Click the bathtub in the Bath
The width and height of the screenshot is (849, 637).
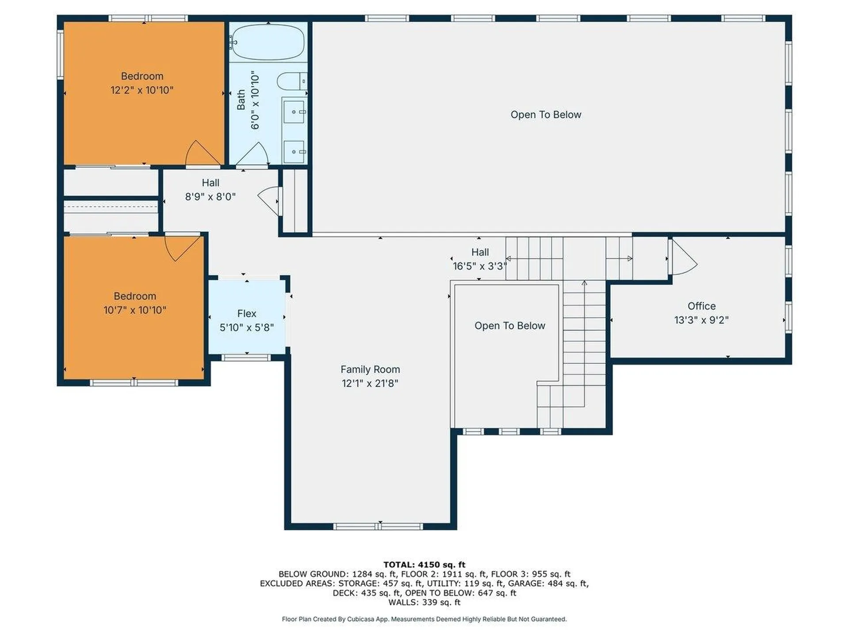[x=268, y=42]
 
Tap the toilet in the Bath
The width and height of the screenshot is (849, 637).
[x=291, y=81]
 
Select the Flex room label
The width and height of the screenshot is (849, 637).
[x=246, y=313]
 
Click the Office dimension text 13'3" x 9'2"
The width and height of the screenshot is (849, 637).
[x=701, y=320]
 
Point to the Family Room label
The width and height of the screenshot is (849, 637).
[x=370, y=369]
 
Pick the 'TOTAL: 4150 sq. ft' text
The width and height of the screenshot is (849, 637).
[x=424, y=564]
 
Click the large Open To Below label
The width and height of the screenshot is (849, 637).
[x=546, y=115]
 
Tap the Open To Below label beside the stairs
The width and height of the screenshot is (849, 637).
[x=509, y=326]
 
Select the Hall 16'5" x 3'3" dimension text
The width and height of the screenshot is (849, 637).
[x=479, y=266]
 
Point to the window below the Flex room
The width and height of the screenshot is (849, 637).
[x=246, y=357]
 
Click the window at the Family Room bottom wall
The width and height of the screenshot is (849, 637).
[x=378, y=526]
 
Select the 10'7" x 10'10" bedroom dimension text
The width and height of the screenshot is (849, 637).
[x=135, y=310]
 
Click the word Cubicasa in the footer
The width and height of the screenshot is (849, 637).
[x=358, y=619]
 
